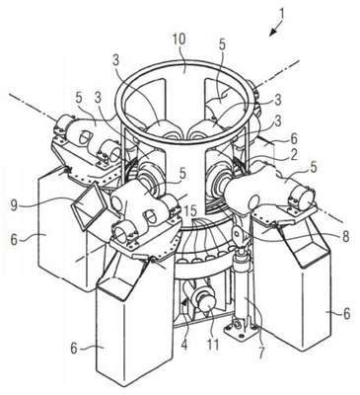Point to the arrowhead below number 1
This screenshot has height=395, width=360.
click(x=272, y=32)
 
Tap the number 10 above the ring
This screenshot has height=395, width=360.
click(x=180, y=39)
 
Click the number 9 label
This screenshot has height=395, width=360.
click(x=14, y=205)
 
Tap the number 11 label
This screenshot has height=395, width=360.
click(x=213, y=345)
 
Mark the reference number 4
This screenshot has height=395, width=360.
click(x=183, y=345)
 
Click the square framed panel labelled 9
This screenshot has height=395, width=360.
click(x=89, y=206)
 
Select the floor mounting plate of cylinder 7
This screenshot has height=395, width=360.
click(x=241, y=330)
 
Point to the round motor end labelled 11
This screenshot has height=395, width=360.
click(x=207, y=301)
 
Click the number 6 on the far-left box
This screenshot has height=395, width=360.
click(x=14, y=240)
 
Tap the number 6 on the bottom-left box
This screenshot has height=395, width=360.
click(x=74, y=348)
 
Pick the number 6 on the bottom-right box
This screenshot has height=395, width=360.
click(x=346, y=314)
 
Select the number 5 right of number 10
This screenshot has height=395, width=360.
click(x=223, y=45)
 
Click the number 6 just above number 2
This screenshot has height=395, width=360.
click(x=293, y=139)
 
